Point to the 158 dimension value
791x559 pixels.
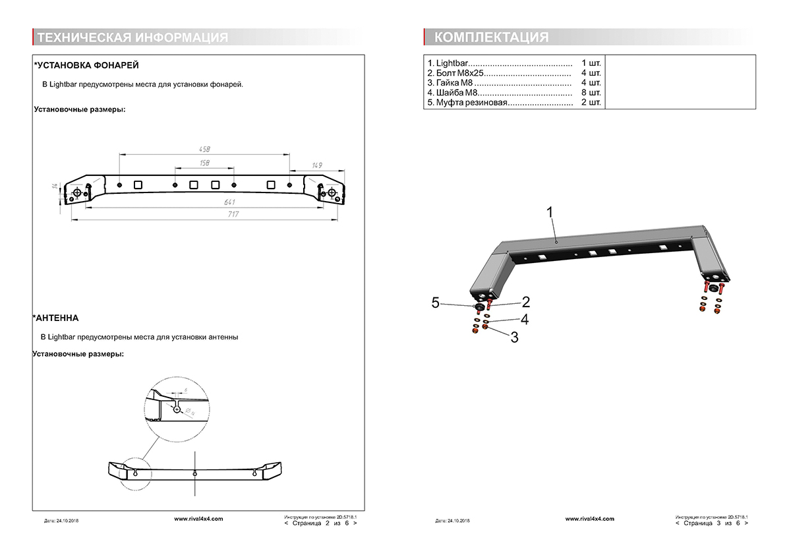(x=204, y=163)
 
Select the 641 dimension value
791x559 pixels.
(x=230, y=202)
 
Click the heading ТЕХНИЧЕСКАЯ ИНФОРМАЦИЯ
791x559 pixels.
(x=133, y=38)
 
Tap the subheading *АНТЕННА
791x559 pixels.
(x=56, y=318)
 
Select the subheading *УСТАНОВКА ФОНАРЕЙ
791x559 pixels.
(x=86, y=65)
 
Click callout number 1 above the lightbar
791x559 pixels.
(x=550, y=212)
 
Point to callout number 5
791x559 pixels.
(x=436, y=302)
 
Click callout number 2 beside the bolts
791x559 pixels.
(x=525, y=302)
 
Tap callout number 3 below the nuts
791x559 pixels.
(x=514, y=337)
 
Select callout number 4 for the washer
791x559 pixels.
(x=524, y=320)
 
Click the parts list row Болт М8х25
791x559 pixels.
(x=498, y=73)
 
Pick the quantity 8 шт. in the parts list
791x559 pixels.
(x=591, y=93)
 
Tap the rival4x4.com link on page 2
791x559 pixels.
(x=198, y=519)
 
